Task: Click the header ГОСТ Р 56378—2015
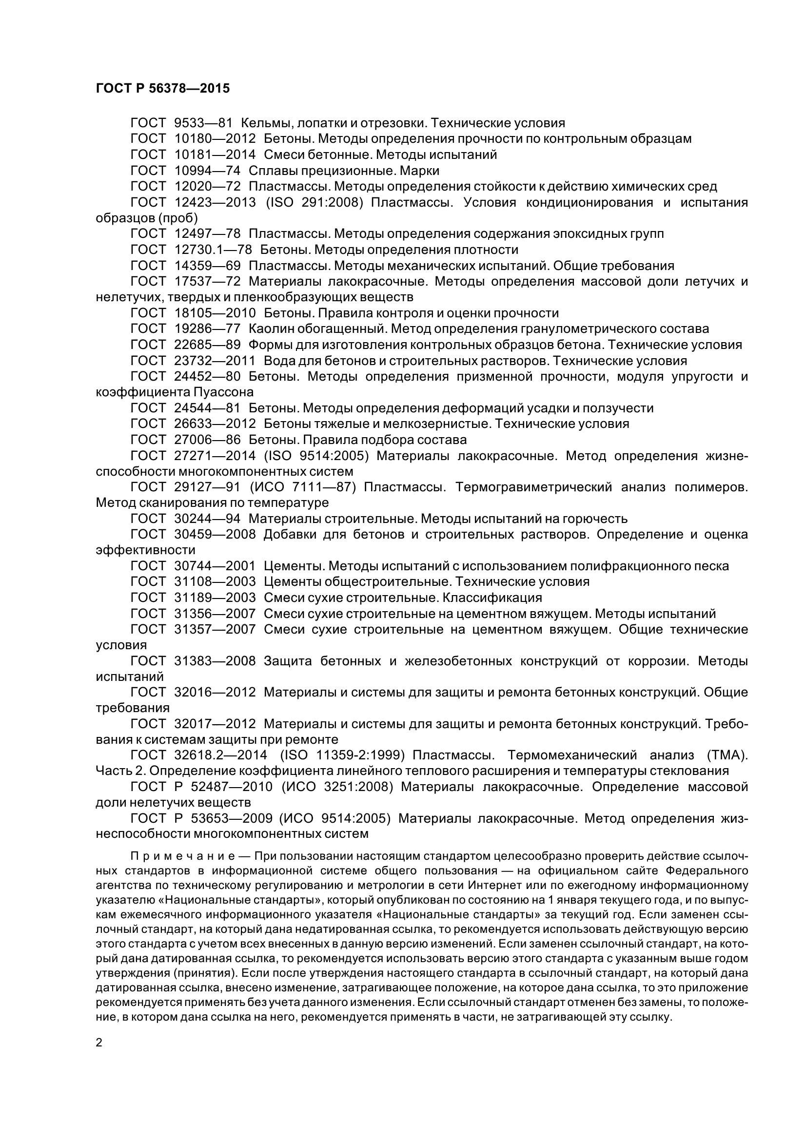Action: click(162, 88)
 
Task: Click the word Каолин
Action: click(271, 328)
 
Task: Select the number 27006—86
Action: click(207, 440)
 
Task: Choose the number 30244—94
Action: click(207, 519)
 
